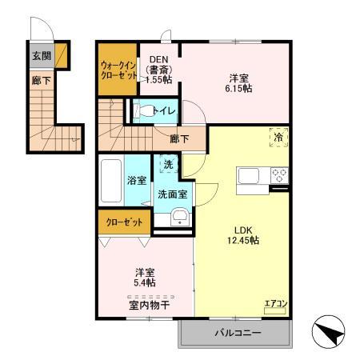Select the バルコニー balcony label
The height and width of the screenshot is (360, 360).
pos(237,332)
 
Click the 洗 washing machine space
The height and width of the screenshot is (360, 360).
pos(167,164)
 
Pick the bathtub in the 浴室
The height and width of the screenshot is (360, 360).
pos(110,181)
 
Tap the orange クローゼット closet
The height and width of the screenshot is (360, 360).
pos(122,221)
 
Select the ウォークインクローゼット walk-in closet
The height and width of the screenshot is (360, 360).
pos(117,69)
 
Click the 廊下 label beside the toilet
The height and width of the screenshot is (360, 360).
pos(179,138)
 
